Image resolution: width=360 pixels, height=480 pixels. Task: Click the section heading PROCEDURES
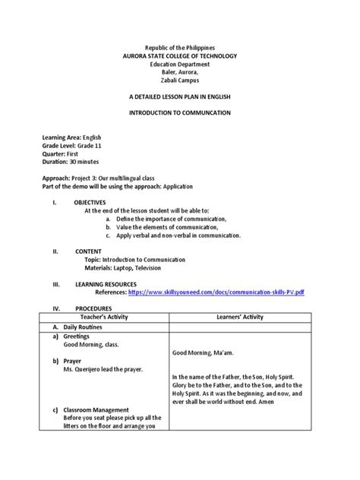(93, 309)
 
